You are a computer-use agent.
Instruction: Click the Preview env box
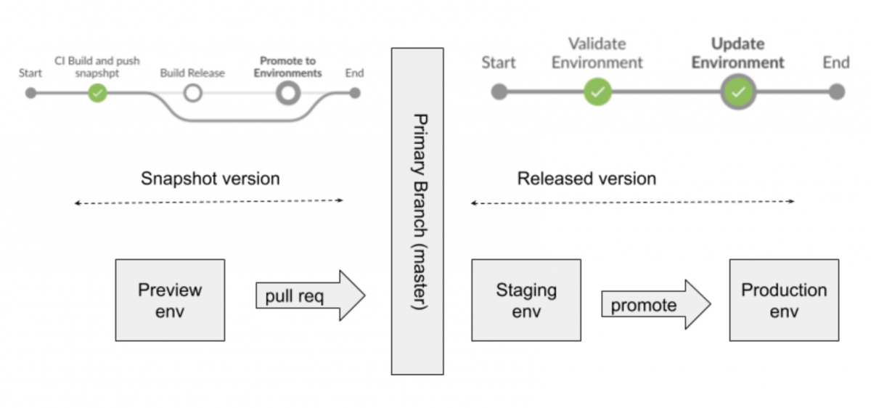click(x=170, y=300)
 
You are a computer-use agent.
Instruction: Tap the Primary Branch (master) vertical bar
click(x=417, y=211)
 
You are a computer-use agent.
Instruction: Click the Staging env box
click(x=526, y=300)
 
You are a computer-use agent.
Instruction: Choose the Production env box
click(x=784, y=300)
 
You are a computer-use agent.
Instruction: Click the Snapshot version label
click(x=210, y=179)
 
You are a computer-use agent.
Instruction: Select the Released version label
click(x=586, y=179)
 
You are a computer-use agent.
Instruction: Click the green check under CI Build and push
click(x=97, y=93)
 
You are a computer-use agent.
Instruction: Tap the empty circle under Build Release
click(x=192, y=93)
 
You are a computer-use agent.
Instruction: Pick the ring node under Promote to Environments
click(x=288, y=93)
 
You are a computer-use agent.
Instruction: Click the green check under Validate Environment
click(x=597, y=92)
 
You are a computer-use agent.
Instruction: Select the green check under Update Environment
click(x=738, y=92)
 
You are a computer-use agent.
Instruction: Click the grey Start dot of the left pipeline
click(x=30, y=93)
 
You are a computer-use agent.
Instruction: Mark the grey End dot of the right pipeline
click(x=836, y=92)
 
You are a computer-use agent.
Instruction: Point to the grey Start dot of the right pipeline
click(x=499, y=92)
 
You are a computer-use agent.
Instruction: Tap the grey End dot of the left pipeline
click(x=354, y=93)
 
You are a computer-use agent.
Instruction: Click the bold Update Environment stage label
click(x=737, y=53)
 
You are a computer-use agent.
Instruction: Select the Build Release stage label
click(x=192, y=73)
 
